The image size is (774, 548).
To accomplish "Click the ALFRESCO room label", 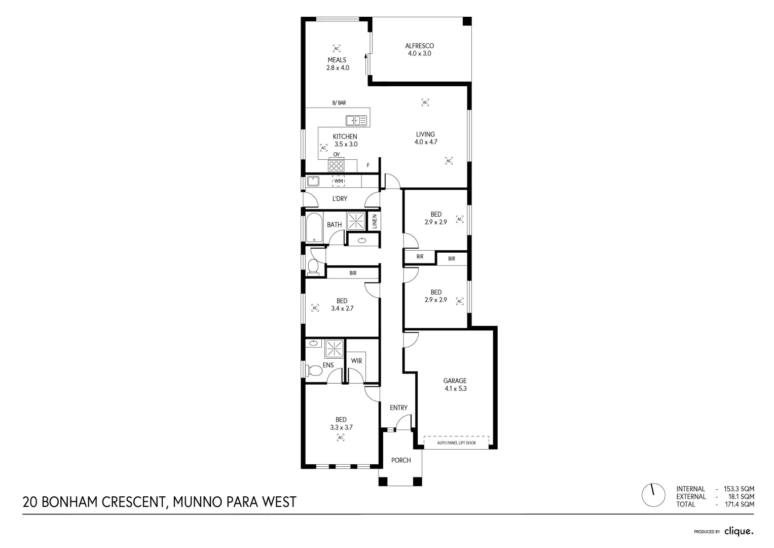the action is coord(420,46).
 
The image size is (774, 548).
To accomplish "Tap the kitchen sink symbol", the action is coord(356,121).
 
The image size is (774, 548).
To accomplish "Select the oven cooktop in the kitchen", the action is coord(336,164).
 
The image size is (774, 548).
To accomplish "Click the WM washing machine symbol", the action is coord(339,181).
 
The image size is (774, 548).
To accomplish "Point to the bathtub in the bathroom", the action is coord(314,227).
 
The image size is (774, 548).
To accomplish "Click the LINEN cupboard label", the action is coord(375,221).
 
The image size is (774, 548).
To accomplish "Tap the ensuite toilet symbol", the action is coord(314,370).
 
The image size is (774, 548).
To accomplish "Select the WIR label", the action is coord(357,361).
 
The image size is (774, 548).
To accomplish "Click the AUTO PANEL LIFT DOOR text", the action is coord(457,443).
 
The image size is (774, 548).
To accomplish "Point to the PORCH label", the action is coord(401,460).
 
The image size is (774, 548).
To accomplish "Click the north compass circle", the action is coord(653,495).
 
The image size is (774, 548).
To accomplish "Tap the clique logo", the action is coord(739,531).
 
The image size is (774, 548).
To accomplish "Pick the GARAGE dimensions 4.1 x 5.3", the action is coord(455,389).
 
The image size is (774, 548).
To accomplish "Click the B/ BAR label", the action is coord(339,102).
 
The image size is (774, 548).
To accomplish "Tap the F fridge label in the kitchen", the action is coord(368,165).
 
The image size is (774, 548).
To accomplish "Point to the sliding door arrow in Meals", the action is coord(365,64).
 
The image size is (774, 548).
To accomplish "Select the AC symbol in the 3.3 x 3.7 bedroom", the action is coord(341,437).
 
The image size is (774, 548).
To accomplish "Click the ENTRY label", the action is coord(399,407).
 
